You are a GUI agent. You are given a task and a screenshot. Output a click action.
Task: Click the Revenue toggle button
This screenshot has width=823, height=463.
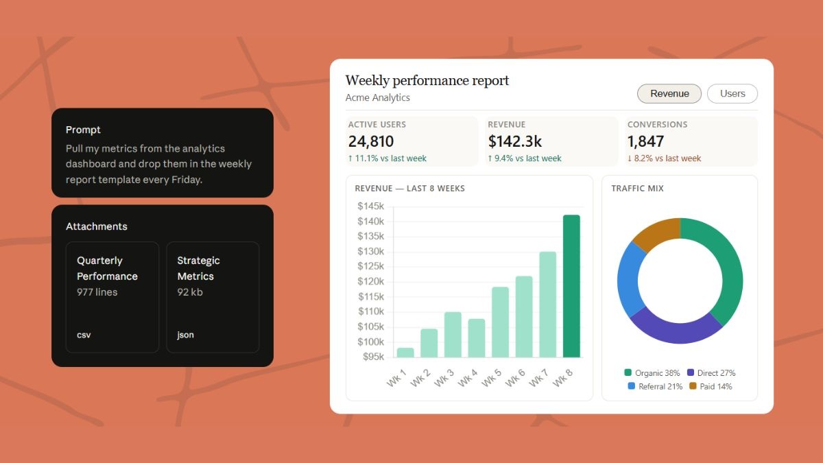669,94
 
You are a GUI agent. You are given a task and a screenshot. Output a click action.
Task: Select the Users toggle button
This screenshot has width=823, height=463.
732,94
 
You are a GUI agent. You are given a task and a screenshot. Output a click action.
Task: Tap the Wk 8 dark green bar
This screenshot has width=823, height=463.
571,286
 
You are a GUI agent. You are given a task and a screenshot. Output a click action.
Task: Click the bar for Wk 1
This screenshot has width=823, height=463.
405,353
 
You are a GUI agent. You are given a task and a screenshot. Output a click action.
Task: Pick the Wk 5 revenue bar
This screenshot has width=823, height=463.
500,322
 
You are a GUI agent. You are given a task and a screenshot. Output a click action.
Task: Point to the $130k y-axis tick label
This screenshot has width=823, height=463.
370,251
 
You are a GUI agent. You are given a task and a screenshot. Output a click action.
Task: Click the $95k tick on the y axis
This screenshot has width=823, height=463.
373,357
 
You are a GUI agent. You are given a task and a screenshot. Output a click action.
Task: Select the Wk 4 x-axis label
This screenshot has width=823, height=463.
467,378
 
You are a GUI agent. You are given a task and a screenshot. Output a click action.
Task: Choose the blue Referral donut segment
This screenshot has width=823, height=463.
629,278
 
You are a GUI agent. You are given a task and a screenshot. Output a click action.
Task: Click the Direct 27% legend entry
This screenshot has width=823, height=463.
711,372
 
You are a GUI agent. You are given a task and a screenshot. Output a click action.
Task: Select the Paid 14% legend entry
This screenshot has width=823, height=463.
711,386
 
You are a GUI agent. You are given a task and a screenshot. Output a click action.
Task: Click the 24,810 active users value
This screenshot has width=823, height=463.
371,141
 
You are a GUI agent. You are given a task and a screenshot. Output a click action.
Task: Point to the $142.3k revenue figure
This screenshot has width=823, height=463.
515,141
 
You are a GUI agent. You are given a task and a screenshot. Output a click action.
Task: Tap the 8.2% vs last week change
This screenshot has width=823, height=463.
664,158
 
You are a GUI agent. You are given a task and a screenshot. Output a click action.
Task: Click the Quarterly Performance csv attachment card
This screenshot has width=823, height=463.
112,297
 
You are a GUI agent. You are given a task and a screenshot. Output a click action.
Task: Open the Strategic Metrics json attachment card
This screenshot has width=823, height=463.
213,297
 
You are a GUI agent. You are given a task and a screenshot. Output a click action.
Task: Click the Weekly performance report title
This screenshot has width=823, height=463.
427,80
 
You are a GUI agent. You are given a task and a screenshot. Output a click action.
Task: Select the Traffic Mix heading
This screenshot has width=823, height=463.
637,189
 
